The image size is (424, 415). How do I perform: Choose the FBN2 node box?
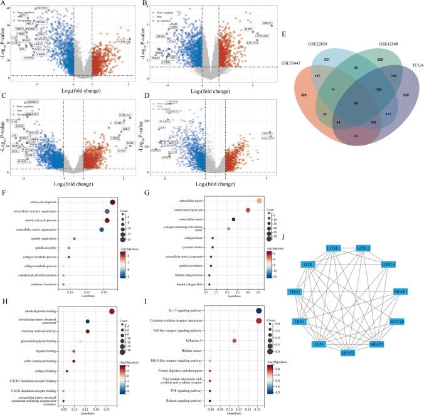(x=314, y=292)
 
